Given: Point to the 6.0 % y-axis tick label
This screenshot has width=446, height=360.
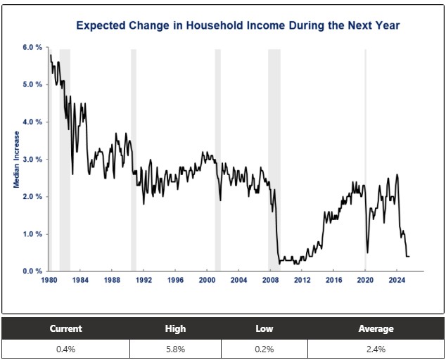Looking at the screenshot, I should (x=33, y=47).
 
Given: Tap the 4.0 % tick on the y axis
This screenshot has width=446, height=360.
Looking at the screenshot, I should (x=33, y=122).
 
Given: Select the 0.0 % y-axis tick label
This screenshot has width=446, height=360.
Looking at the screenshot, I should (x=33, y=271).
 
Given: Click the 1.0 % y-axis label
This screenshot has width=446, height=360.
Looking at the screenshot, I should (x=33, y=234).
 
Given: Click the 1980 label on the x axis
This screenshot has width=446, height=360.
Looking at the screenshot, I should (x=49, y=281).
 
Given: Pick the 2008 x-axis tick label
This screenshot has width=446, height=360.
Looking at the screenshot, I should (x=270, y=281).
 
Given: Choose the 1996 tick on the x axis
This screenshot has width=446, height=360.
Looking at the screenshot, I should (x=176, y=281).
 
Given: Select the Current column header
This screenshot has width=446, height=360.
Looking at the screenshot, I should (x=65, y=328).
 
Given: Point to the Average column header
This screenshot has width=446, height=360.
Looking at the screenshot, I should (x=376, y=328).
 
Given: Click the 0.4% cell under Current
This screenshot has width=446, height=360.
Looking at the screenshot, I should (x=65, y=348).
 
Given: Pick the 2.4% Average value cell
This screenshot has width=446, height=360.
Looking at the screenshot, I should (x=376, y=348).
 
